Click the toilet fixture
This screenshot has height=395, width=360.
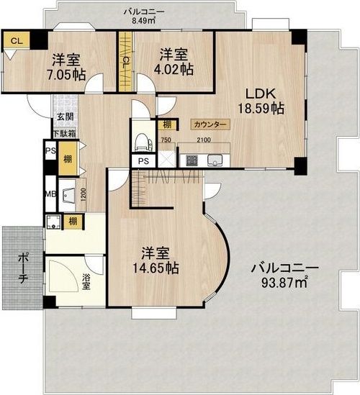coord(143,142)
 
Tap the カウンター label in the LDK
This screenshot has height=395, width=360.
coord(210,124)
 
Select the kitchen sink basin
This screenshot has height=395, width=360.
coord(215,160)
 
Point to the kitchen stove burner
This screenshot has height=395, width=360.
coord(192,160)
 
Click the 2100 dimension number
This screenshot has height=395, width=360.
coord(204,140)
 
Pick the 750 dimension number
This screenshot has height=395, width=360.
coord(166,140)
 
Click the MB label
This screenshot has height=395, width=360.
coord(50,194)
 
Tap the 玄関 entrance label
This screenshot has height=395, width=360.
coord(65,117)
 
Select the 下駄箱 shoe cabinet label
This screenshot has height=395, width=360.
coord(64,134)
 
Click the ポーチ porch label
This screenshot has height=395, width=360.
coord(23,268)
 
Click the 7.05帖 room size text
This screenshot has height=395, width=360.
coord(66,75)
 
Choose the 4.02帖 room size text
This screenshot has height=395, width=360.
coord(174,70)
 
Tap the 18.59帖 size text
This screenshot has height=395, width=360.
coord(261,109)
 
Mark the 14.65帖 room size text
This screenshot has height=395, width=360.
coord(156,268)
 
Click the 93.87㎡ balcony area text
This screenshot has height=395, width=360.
coord(284,283)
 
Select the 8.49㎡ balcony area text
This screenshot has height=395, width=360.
coord(144,21)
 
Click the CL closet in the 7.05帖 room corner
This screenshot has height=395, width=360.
coord(17,40)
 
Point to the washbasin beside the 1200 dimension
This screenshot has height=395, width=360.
coord(68,194)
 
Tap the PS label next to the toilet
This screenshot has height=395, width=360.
coord(144,161)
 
